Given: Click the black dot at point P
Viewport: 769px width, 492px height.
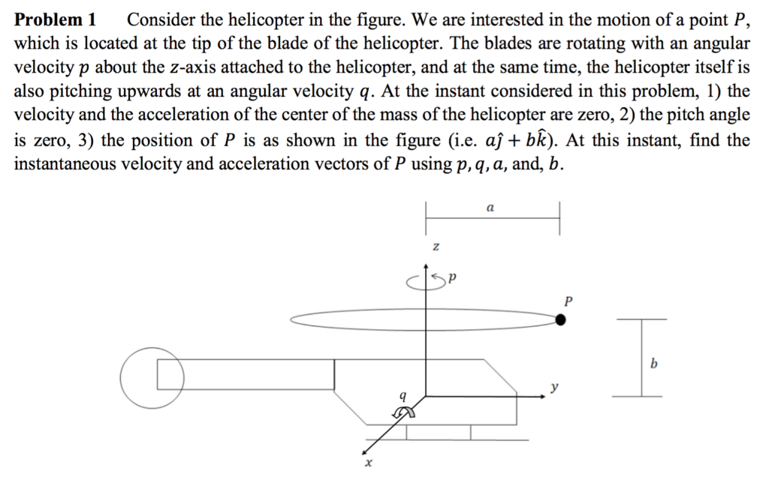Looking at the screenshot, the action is point(560,321).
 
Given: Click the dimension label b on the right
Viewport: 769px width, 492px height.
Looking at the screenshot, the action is point(653,364).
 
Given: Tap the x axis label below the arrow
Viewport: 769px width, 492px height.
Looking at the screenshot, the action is point(367,466).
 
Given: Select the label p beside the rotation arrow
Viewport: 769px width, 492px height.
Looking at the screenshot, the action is point(454,281).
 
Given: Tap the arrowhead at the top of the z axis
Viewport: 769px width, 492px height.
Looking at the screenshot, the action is point(427,264).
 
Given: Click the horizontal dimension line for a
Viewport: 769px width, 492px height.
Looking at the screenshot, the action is point(492,217).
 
